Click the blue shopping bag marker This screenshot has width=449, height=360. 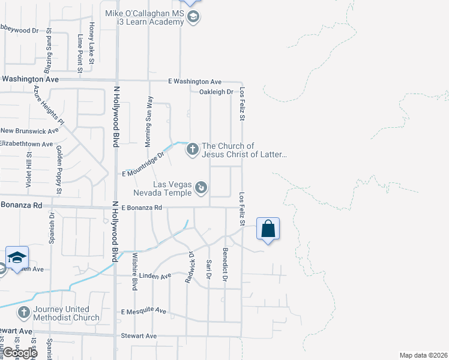[x=268, y=229]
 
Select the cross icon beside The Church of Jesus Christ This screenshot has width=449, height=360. [x=193, y=149]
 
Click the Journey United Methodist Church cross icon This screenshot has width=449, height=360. [x=23, y=313]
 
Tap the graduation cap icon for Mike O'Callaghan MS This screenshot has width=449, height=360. [x=193, y=17]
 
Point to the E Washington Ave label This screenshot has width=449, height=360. [x=195, y=82]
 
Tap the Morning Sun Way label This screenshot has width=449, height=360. [x=149, y=122]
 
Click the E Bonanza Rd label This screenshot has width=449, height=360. [x=142, y=208]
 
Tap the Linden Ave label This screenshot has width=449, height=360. [x=157, y=276]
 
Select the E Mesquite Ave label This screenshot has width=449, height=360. [x=143, y=311]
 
